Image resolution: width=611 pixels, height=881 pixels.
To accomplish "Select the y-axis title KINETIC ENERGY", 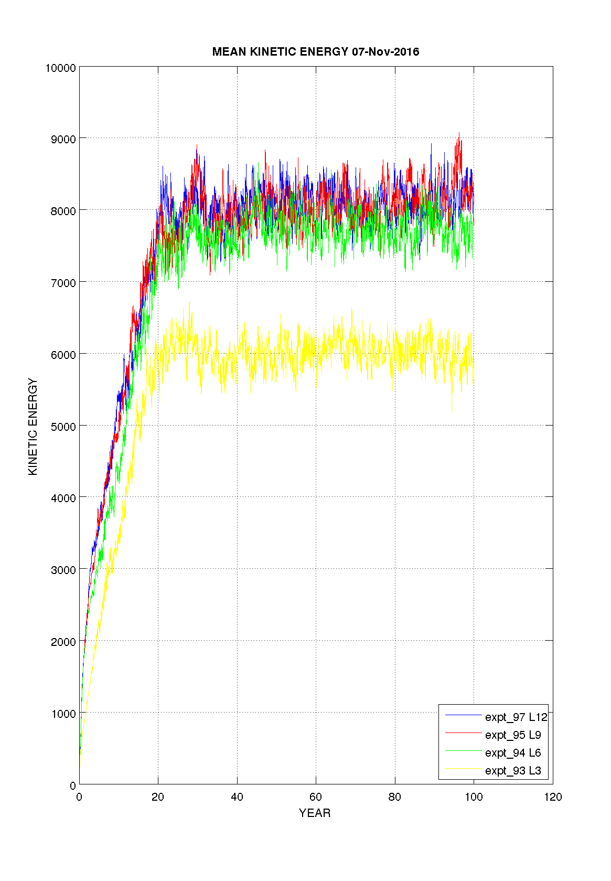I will point(33,427).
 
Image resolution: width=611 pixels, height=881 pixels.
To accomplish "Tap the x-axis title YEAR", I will point(315,813).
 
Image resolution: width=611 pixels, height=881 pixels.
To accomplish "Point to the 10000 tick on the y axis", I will point(61,68).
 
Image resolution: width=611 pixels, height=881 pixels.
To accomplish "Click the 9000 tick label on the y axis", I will point(63,139).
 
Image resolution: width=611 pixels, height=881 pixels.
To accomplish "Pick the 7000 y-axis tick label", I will point(63,283).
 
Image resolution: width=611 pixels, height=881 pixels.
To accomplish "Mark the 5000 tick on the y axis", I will point(63,427).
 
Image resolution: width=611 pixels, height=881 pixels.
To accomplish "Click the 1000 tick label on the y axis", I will point(63,714).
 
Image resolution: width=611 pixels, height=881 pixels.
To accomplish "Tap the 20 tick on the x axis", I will point(158,797).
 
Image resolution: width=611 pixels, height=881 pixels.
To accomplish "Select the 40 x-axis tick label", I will point(237,797).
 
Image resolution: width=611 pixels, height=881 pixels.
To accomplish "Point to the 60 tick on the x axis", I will point(316,797).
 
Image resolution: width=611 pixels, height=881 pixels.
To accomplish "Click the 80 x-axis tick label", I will point(395,797).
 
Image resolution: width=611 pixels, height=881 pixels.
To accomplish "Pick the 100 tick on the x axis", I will point(474,797).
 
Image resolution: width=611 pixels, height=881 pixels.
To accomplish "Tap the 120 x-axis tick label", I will point(553,797).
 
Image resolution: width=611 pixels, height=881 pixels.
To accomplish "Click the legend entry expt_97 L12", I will point(516,717).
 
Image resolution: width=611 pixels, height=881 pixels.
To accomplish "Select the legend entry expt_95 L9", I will point(512,735).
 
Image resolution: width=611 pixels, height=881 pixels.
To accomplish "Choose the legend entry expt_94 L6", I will point(512,753).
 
